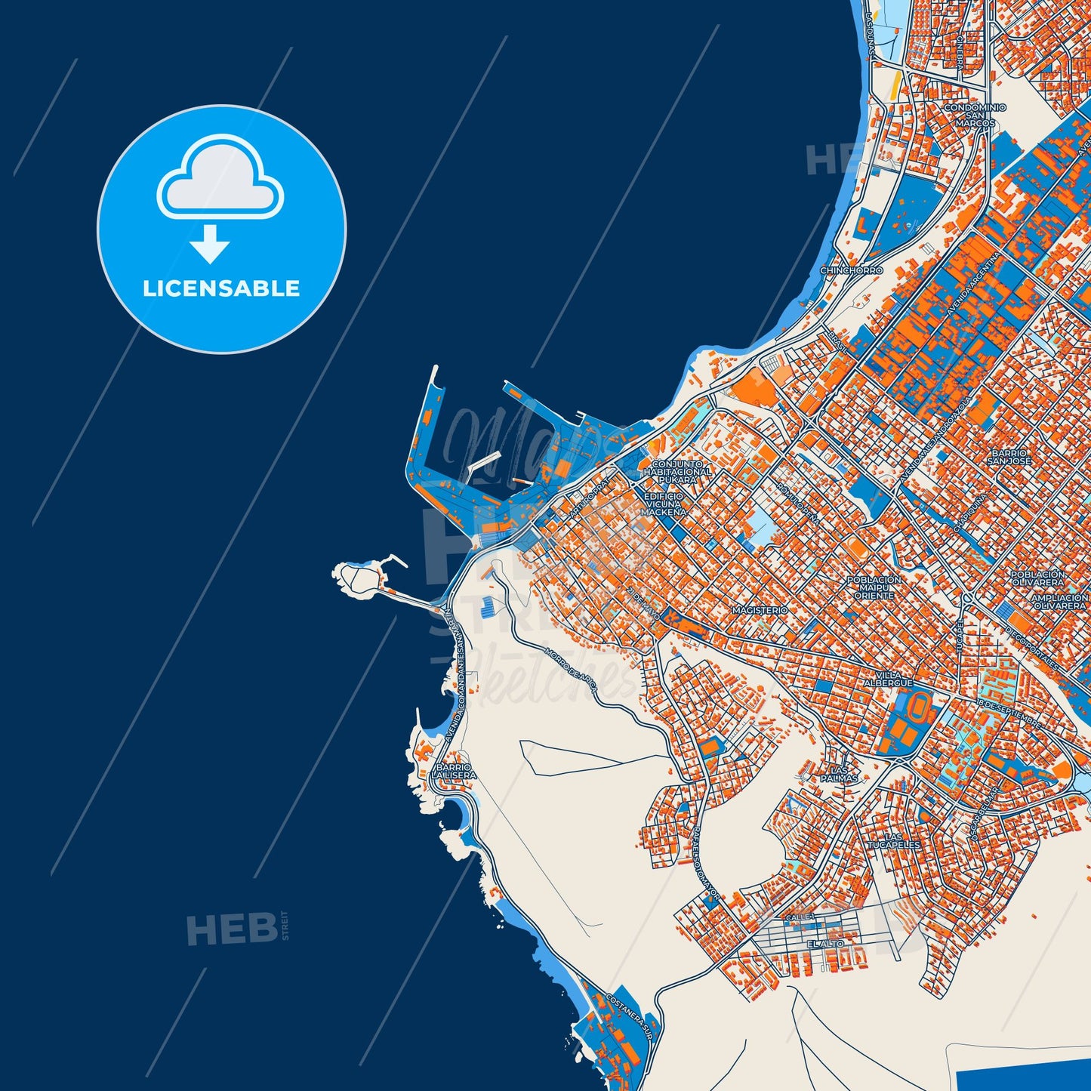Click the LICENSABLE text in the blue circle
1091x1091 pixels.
point(221,288)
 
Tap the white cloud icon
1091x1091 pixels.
point(220,178)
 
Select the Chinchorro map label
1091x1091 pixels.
point(851,270)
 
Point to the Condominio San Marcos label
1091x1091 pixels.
point(975,115)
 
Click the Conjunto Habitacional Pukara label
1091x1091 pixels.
point(677,472)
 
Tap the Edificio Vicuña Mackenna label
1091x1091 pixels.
point(664,504)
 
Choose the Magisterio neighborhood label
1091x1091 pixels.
point(760,610)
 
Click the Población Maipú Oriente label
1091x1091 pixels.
point(874,587)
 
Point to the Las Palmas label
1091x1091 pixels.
point(840,773)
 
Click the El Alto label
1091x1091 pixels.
point(825,944)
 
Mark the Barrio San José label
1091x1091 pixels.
point(1009,457)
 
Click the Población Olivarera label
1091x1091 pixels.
point(1038,578)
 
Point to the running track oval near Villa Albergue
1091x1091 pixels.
point(919,707)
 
